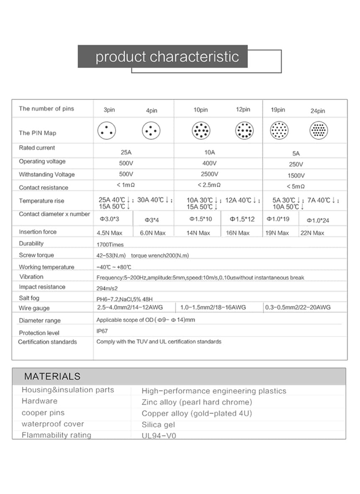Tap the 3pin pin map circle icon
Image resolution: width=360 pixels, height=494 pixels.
(x=106, y=131)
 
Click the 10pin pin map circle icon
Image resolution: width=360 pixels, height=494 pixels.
(x=201, y=131)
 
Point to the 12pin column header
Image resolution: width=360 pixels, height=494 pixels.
(x=243, y=109)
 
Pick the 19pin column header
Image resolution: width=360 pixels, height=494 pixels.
(x=278, y=110)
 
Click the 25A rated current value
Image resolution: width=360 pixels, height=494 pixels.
(x=126, y=153)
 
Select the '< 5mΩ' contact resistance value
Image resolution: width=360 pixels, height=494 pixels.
(x=296, y=186)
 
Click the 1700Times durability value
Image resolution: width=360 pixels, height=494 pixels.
(x=110, y=244)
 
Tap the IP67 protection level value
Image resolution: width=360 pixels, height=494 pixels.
(x=102, y=331)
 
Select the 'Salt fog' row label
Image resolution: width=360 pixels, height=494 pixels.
(x=30, y=298)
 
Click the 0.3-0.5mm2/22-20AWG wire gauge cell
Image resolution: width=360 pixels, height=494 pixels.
(x=298, y=308)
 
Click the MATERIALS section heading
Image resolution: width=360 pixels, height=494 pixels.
(x=52, y=376)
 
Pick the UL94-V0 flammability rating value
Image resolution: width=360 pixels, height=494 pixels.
(x=159, y=436)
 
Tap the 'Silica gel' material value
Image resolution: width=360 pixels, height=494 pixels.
(x=158, y=424)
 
